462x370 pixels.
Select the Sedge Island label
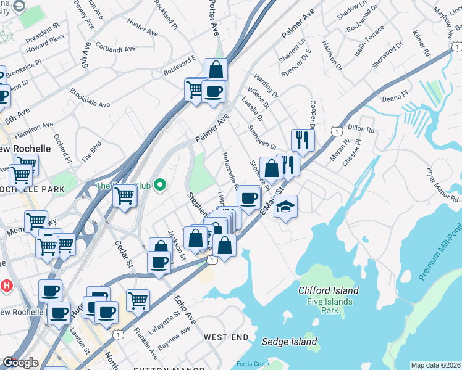tap(289, 342)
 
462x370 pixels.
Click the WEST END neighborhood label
tap(226, 337)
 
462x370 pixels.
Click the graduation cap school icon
tap(285, 206)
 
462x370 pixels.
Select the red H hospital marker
tap(7, 286)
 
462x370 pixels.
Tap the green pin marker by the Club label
tap(161, 184)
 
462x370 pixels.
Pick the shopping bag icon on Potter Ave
tap(216, 69)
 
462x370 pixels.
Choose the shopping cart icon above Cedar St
tap(125, 197)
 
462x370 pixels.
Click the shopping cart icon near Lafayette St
tap(138, 300)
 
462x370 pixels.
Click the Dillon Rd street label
tap(361, 130)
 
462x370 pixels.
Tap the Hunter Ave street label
tap(141, 25)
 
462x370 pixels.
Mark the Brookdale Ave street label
tap(90, 101)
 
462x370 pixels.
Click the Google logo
tap(20, 363)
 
